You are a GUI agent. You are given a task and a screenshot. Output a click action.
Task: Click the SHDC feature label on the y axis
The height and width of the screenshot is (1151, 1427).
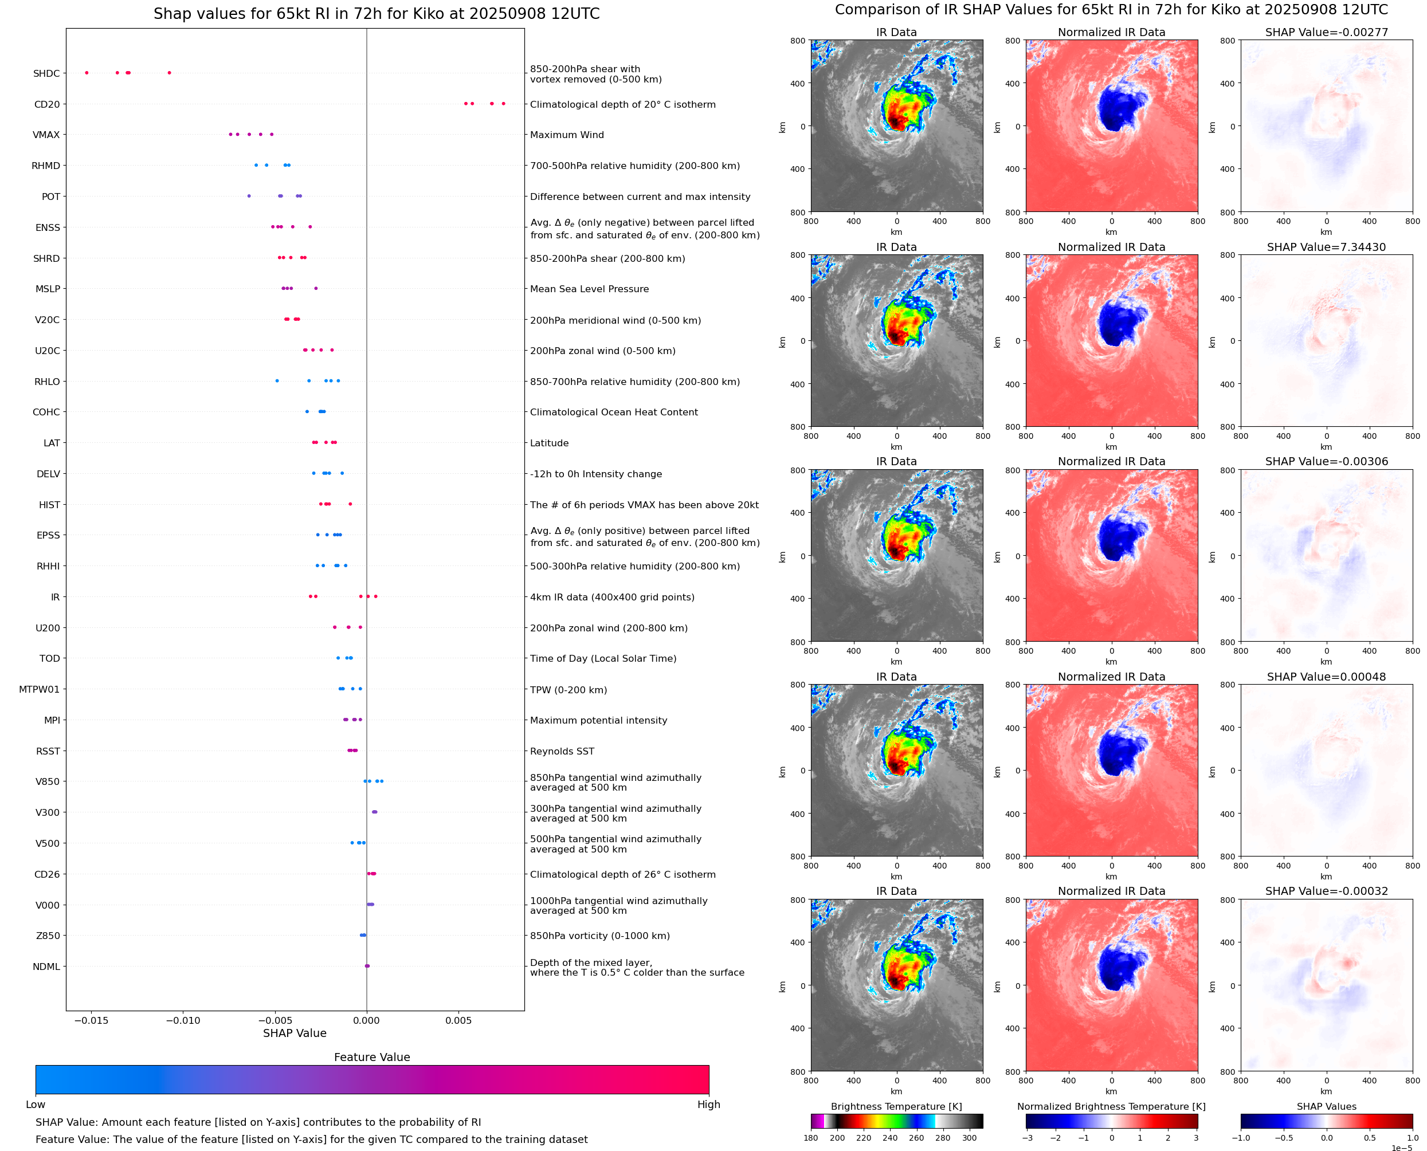pyautogui.click(x=46, y=73)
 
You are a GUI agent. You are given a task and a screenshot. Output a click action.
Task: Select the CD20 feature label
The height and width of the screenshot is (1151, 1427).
pyautogui.click(x=47, y=104)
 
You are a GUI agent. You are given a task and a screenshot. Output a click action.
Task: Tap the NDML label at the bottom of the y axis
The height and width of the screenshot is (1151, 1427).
pyautogui.click(x=46, y=967)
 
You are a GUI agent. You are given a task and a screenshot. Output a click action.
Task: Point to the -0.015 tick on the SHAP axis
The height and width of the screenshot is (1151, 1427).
pyautogui.click(x=91, y=1020)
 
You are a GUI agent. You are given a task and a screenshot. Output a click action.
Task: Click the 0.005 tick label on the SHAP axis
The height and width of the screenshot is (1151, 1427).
pyautogui.click(x=458, y=1020)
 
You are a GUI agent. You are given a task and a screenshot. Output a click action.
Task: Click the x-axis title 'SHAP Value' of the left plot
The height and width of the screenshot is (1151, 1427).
pyautogui.click(x=295, y=1033)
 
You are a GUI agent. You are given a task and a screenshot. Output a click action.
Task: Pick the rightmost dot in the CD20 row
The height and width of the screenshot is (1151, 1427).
pyautogui.click(x=503, y=104)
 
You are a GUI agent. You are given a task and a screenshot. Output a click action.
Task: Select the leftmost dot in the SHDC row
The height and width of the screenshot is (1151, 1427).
pyautogui.click(x=87, y=73)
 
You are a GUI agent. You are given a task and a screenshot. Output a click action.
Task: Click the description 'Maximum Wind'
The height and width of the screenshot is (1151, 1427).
pyautogui.click(x=567, y=135)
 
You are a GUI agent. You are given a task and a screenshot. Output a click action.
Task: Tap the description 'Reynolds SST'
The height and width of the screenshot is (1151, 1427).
pyautogui.click(x=562, y=751)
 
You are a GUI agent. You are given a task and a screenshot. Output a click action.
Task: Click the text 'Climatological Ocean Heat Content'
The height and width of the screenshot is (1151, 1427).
pyautogui.click(x=613, y=413)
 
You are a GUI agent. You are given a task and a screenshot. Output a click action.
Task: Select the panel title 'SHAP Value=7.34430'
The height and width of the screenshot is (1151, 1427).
pyautogui.click(x=1326, y=248)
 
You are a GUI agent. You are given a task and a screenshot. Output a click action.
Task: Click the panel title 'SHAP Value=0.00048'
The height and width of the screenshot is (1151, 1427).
pyautogui.click(x=1326, y=677)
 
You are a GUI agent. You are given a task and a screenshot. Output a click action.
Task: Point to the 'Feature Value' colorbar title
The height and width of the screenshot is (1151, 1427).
pyautogui.click(x=372, y=1057)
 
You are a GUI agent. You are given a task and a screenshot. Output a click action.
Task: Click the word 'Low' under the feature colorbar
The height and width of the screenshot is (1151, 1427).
pyautogui.click(x=35, y=1105)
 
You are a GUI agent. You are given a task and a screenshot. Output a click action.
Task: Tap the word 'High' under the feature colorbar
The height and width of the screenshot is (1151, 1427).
pyautogui.click(x=708, y=1105)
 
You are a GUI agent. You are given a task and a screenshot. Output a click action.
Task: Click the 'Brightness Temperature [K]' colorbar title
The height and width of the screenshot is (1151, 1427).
pyautogui.click(x=896, y=1106)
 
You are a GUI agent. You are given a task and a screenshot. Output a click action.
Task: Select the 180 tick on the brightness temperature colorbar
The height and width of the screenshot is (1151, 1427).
pyautogui.click(x=811, y=1138)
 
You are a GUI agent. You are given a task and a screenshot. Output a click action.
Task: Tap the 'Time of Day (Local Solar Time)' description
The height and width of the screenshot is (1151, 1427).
pyautogui.click(x=603, y=658)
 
